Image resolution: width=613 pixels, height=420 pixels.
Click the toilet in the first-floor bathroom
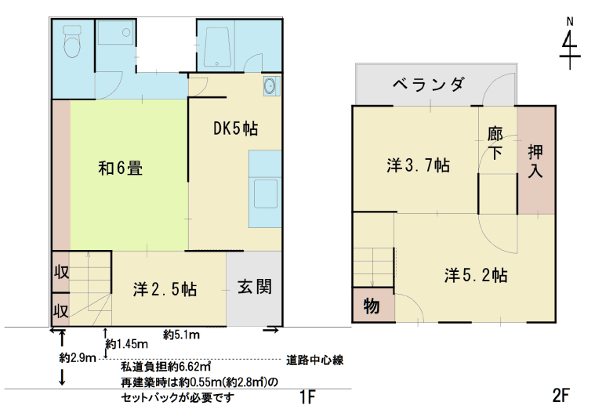(72, 41)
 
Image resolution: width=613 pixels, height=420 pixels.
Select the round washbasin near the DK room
(270, 85)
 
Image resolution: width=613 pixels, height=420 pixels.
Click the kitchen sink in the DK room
(266, 194)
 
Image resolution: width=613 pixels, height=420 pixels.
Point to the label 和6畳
(121, 168)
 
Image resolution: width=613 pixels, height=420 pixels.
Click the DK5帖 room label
(235, 129)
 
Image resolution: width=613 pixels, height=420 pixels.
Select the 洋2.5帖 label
(165, 289)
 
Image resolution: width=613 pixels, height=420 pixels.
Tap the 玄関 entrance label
(255, 287)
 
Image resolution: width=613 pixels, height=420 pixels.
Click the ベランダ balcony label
(429, 84)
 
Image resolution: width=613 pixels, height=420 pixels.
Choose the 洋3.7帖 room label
(418, 165)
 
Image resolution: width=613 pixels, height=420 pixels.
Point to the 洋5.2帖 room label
(476, 275)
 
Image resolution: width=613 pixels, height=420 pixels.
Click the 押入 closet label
(535, 161)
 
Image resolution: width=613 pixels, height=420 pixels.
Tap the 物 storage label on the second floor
(372, 306)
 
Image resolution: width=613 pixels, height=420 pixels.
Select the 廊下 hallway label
(495, 143)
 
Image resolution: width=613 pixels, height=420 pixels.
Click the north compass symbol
(570, 44)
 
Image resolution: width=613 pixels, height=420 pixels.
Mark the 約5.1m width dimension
(181, 335)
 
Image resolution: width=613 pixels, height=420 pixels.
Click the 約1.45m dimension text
(127, 344)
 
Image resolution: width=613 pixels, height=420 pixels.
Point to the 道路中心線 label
(314, 360)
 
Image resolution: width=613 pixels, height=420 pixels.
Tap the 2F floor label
(560, 396)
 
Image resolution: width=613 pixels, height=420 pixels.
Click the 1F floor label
(307, 397)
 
